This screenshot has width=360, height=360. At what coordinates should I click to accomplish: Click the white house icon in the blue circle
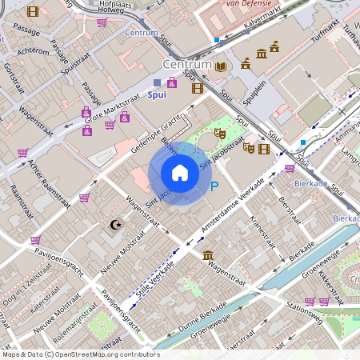click(x=180, y=173)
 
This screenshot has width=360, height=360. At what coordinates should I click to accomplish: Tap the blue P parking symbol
click(x=214, y=186)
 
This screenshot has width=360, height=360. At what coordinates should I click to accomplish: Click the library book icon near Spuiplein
click(x=221, y=66)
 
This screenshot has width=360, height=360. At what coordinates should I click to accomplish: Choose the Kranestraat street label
click(x=262, y=229)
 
